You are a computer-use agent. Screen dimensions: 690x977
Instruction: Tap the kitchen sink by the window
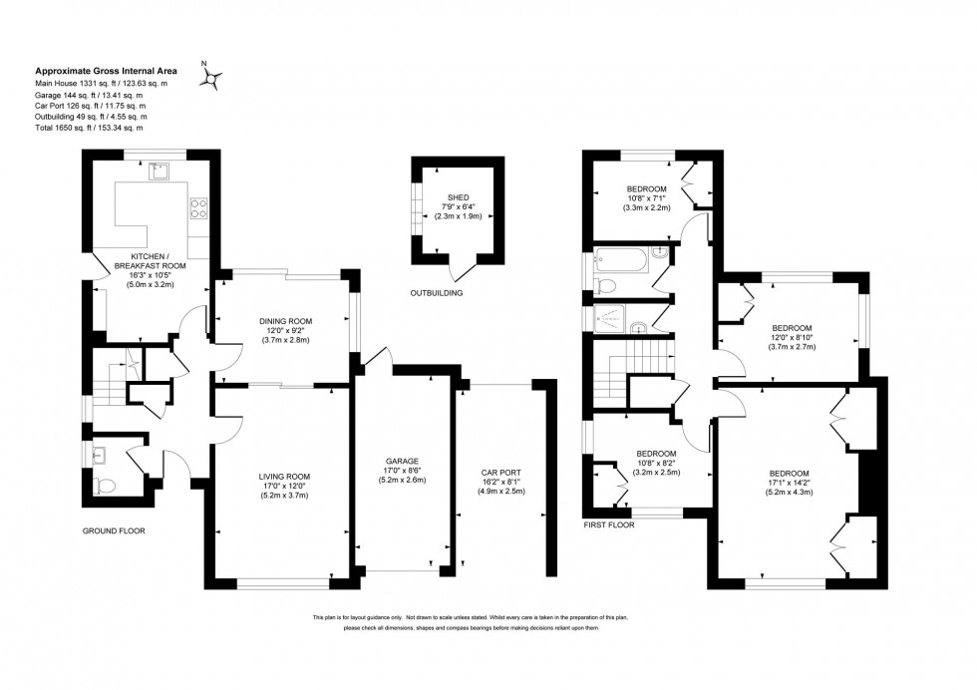click(158, 172)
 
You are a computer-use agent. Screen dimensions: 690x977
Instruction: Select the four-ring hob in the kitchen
click(198, 208)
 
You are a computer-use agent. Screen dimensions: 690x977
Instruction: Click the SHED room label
click(458, 197)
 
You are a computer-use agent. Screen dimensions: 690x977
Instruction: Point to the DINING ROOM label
click(286, 321)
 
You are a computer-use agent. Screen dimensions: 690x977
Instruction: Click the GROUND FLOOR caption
click(114, 531)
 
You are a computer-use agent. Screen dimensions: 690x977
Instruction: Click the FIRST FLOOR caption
click(609, 523)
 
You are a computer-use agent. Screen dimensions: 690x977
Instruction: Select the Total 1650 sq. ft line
click(90, 128)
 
